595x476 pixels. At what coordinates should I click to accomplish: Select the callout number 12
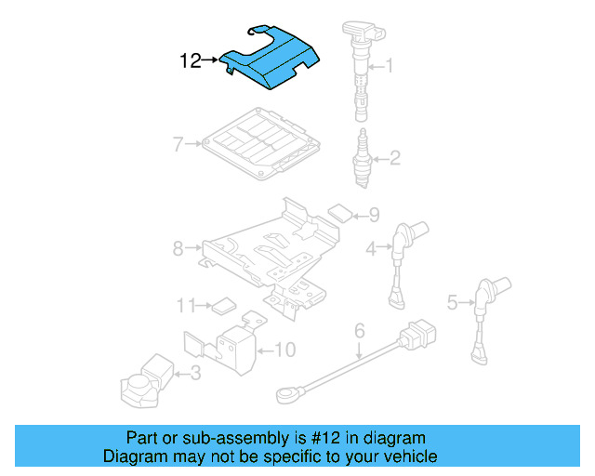click(190, 61)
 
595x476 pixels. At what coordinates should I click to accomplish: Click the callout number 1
click(390, 66)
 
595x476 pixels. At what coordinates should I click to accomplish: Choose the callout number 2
click(394, 158)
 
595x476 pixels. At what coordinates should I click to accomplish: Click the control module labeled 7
click(263, 143)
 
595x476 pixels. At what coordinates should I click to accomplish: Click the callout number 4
click(370, 248)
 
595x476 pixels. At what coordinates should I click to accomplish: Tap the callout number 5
click(452, 301)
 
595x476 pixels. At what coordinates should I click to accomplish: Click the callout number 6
click(360, 329)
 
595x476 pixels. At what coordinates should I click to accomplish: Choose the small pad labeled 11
click(222, 303)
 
